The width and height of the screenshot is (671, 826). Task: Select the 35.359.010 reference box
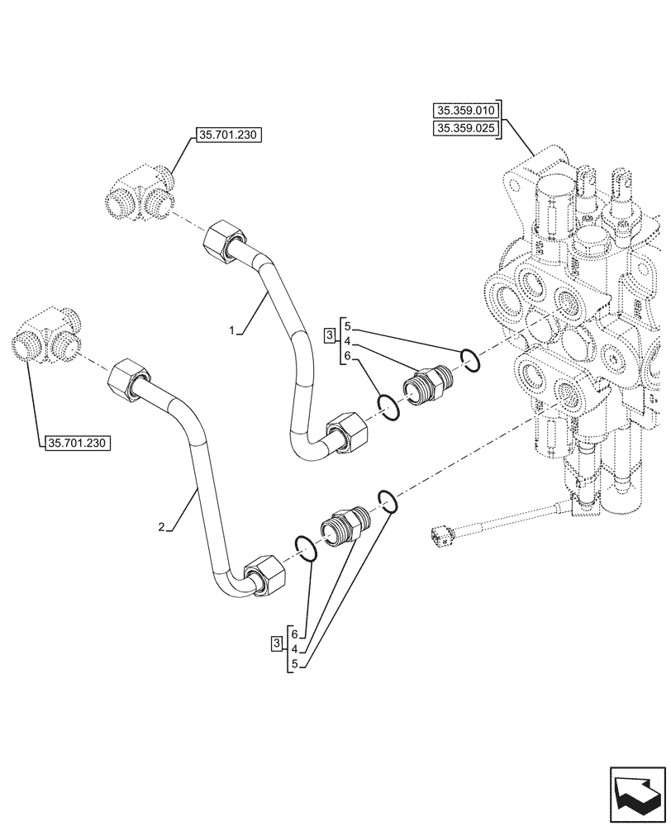pyautogui.click(x=466, y=110)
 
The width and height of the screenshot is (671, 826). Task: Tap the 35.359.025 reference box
pyautogui.click(x=466, y=128)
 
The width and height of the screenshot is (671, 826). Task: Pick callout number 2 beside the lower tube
pyautogui.click(x=163, y=526)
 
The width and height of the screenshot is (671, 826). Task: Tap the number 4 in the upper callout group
pyautogui.click(x=348, y=340)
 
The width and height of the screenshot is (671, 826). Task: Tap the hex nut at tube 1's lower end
pyautogui.click(x=345, y=434)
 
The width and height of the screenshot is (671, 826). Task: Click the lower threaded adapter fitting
pyautogui.click(x=345, y=525)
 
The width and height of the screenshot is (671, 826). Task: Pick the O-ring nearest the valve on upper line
pyautogui.click(x=469, y=360)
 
